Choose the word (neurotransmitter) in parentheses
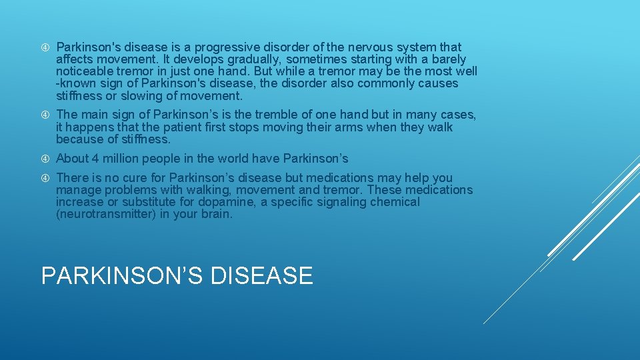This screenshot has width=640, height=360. (x=106, y=214)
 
